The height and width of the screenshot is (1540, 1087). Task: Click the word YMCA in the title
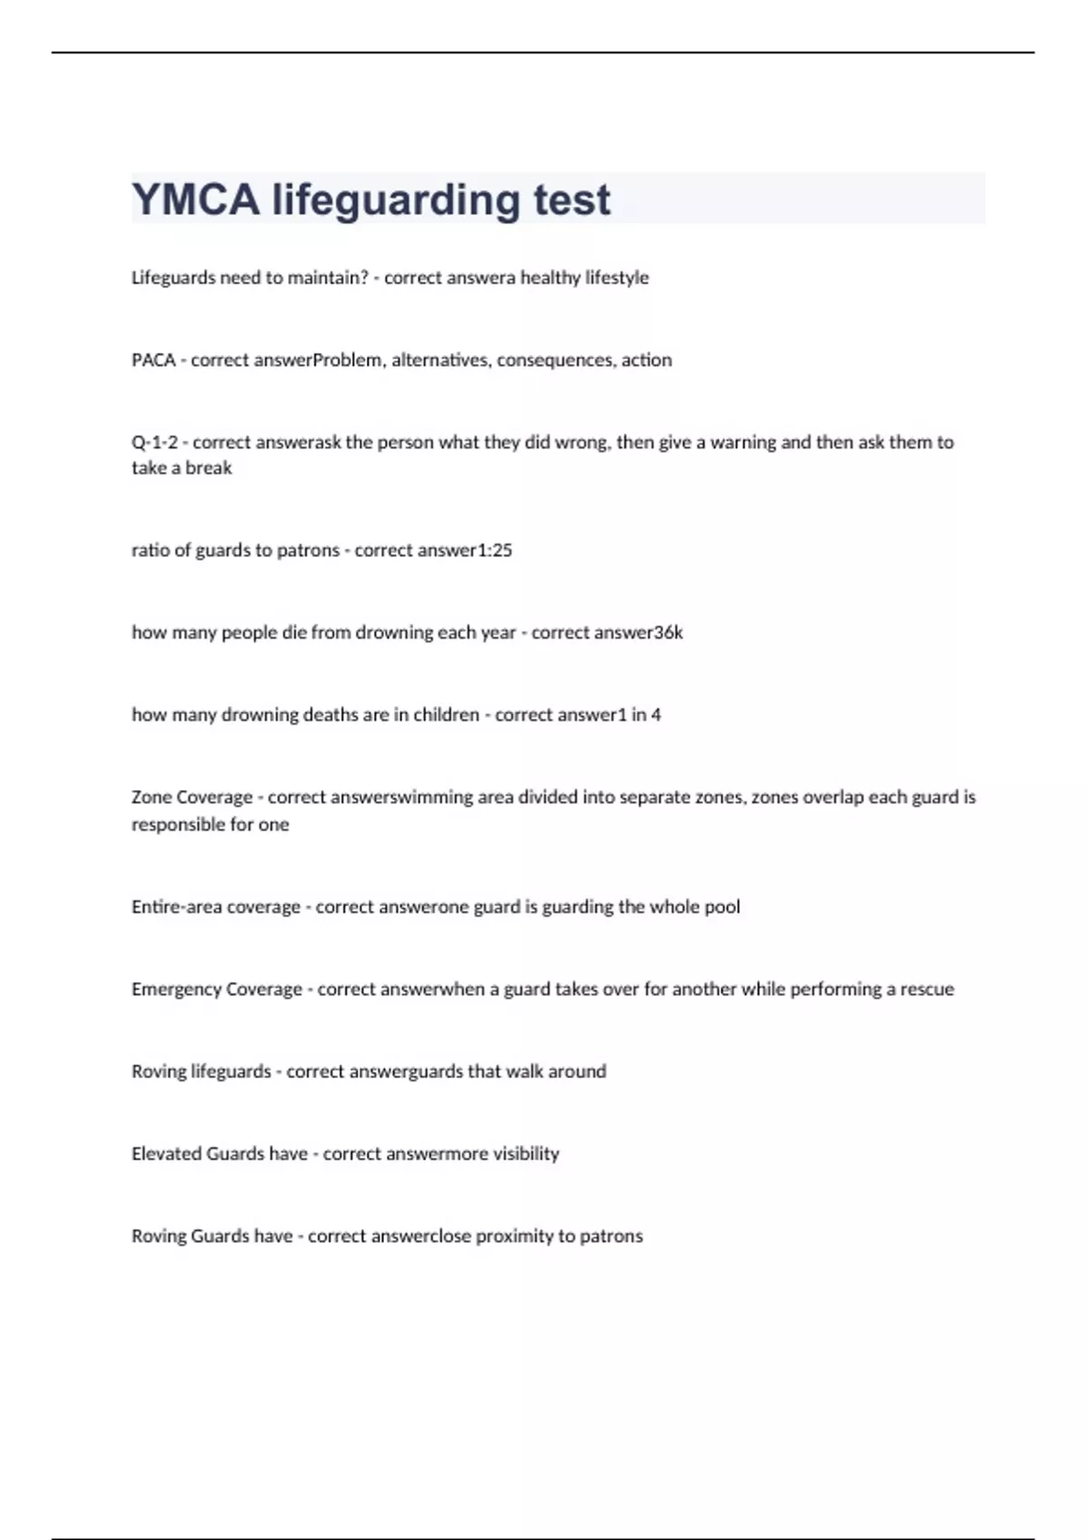(196, 199)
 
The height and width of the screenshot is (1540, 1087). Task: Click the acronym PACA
(153, 360)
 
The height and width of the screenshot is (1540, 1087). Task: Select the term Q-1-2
(154, 442)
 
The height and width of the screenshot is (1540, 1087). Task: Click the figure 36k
(669, 632)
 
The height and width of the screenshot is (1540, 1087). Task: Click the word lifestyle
(617, 278)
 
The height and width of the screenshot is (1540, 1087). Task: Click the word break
(208, 468)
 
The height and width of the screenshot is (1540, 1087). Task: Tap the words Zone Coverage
(192, 797)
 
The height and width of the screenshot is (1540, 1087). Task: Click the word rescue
(927, 989)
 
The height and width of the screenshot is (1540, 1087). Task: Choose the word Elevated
(167, 1153)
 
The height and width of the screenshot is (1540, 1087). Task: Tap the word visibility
(525, 1154)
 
